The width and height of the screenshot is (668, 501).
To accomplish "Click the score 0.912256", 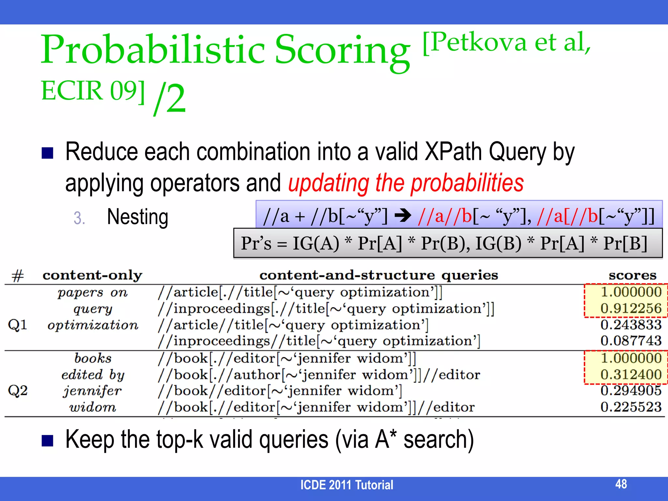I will [631, 308].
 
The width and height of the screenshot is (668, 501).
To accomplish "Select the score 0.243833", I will [631, 325].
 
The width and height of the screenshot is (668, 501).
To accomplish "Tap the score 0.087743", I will [631, 341].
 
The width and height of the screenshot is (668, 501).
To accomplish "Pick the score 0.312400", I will [631, 374].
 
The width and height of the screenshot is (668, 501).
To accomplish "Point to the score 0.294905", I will [631, 390].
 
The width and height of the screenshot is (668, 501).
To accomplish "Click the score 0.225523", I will [631, 407].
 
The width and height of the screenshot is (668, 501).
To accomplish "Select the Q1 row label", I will [18, 325].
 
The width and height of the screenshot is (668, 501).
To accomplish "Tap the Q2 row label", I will [18, 390].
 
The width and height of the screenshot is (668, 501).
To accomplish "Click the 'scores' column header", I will [632, 275].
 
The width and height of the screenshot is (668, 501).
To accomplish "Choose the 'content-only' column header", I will [92, 275].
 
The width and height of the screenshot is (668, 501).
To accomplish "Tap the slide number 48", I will [621, 484].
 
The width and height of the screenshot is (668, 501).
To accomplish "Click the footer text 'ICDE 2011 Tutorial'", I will [347, 485].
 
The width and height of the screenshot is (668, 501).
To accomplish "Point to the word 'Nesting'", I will [138, 217].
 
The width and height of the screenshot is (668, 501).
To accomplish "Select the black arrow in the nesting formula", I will [403, 216].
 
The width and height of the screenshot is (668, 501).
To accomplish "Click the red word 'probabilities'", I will [467, 183].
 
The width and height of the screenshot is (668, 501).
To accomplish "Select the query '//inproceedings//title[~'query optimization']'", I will [319, 341].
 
